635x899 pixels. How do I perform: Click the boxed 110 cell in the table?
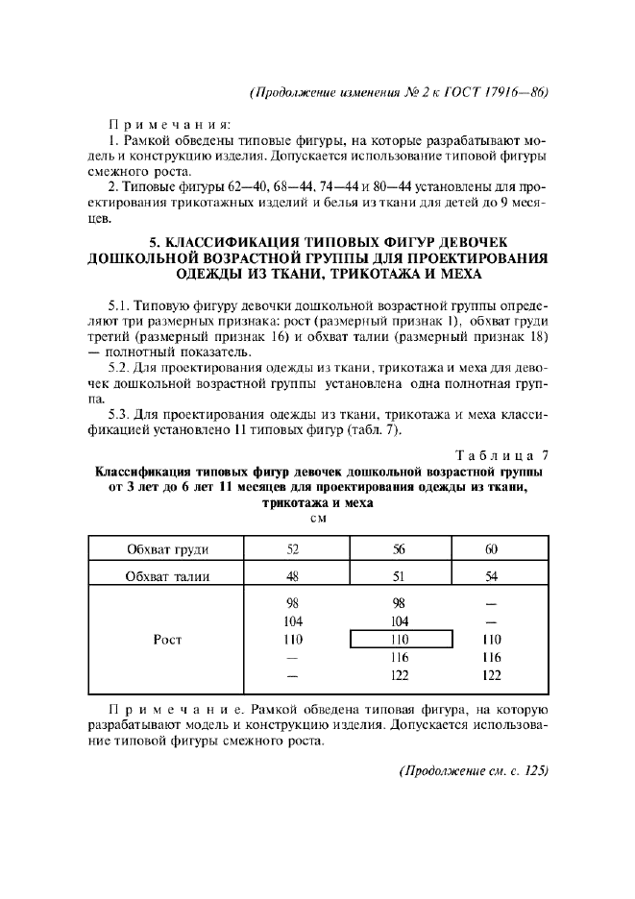click(401, 639)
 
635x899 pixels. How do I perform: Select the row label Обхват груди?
click(168, 550)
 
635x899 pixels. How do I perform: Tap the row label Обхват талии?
click(168, 577)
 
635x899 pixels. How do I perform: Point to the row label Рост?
click(168, 639)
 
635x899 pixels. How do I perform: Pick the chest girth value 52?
click(293, 550)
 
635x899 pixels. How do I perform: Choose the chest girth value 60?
click(491, 550)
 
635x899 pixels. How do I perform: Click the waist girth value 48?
click(293, 577)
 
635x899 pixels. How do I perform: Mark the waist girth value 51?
click(401, 577)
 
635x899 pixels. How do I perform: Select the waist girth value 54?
click(491, 577)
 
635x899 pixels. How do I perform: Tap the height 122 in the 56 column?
click(401, 675)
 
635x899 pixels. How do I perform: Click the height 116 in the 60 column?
click(491, 658)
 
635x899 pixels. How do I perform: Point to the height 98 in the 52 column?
click(293, 603)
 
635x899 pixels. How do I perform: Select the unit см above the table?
click(318, 519)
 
